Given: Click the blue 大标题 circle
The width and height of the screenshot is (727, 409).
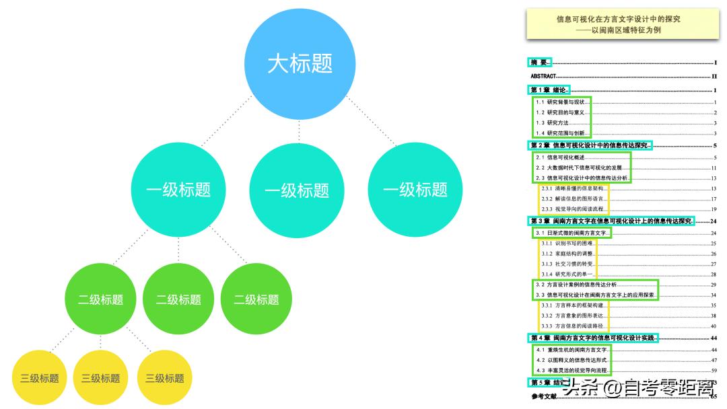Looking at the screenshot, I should point(300,65).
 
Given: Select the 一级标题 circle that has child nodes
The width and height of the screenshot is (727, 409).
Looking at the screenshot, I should point(178,190).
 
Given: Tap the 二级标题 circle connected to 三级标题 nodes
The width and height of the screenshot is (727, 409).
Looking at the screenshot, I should point(101,299).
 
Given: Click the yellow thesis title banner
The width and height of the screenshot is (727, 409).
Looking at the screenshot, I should point(618,24).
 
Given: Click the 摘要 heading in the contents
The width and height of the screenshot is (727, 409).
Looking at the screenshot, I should point(540,63).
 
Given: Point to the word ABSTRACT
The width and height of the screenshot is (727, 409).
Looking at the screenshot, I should point(543,77).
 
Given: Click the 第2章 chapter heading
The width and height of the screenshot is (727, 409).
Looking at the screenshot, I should point(589,145).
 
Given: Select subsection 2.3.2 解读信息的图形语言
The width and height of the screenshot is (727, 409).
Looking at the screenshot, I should point(576,199).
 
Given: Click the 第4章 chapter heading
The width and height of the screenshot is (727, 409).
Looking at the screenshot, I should point(592,338).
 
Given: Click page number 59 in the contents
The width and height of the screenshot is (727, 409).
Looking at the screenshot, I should point(714,371).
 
